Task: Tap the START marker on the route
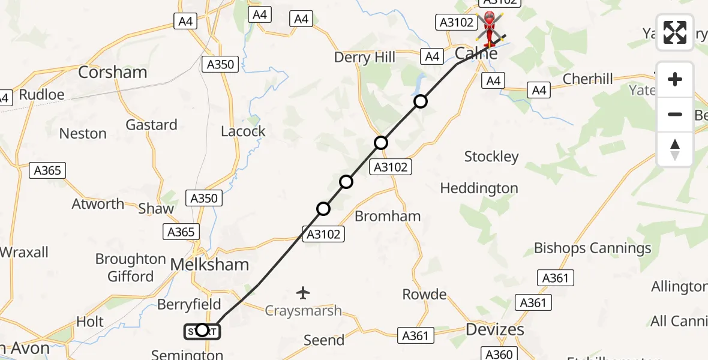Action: click(202, 330)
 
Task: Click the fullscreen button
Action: click(675, 32)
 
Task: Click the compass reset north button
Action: click(675, 149)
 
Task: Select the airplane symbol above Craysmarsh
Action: click(303, 293)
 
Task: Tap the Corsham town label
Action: click(113, 73)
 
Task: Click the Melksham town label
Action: click(209, 265)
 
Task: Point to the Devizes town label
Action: click(495, 329)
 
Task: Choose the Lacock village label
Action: click(243, 131)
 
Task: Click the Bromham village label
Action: click(388, 216)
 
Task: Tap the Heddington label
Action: click(479, 188)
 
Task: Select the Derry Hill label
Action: click(365, 58)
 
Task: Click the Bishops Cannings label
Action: click(592, 248)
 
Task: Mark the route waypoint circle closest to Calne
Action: click(421, 101)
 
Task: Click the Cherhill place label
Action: click(588, 79)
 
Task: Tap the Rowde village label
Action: click(424, 295)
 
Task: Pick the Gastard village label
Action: click(151, 125)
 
